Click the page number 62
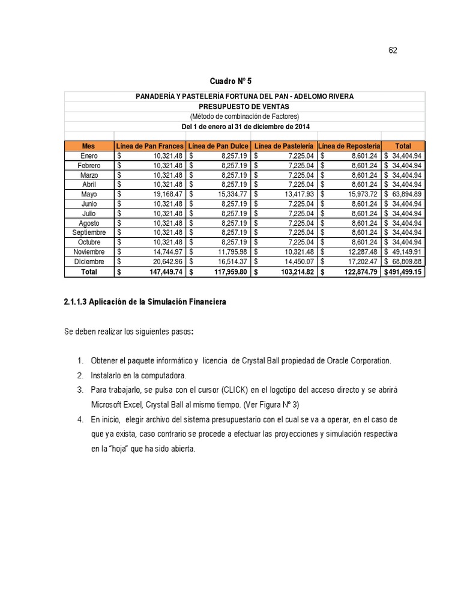pos(393,50)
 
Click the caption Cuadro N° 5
pos(226,81)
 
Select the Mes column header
pos(89,146)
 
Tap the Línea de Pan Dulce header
pos(218,146)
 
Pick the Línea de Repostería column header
pos(349,146)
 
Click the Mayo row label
pos(89,194)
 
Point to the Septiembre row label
pos(89,232)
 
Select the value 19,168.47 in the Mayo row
pos(163,194)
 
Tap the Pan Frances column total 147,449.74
pos(160,272)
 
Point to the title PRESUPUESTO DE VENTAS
pos(244,106)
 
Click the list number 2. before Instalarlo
pos(80,375)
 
